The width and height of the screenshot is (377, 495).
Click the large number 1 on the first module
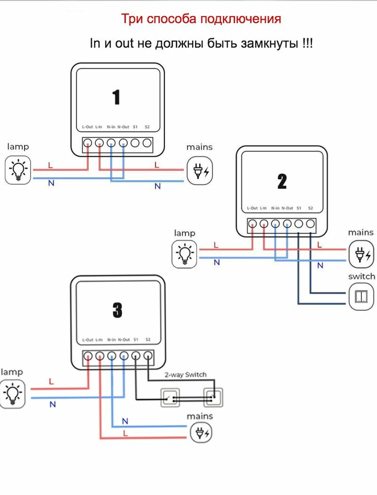click(116, 97)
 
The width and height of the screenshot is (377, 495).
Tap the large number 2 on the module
click(282, 181)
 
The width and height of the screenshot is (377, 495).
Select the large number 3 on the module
click(117, 310)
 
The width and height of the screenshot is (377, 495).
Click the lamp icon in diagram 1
click(18, 170)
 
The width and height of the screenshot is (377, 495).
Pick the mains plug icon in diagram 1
click(200, 171)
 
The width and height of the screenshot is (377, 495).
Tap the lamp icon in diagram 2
click(185, 254)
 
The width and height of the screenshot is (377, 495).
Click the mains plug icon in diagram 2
click(361, 254)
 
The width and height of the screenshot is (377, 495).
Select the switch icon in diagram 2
click(361, 296)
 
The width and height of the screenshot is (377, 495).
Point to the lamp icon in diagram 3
click(12, 394)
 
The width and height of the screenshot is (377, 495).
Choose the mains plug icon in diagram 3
click(201, 433)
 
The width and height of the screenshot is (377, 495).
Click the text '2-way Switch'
click(186, 375)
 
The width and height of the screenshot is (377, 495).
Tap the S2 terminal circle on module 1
click(147, 143)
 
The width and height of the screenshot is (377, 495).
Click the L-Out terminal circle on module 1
click(87, 143)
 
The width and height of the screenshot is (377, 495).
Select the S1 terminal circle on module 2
click(298, 224)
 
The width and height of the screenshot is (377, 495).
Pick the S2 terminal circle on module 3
click(148, 356)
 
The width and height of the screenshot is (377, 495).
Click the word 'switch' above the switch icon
click(361, 276)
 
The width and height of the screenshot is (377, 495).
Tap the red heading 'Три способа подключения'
click(201, 19)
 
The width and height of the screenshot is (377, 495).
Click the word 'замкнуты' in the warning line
click(270, 43)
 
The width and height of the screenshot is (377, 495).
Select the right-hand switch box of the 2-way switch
click(213, 397)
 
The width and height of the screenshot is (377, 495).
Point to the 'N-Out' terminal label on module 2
click(287, 208)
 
